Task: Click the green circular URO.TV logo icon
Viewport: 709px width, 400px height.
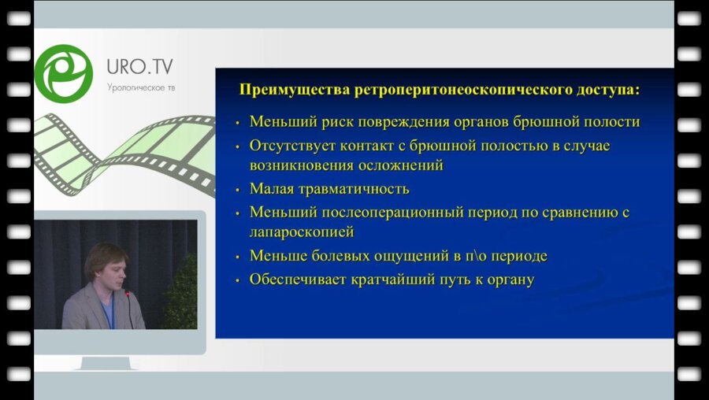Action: coord(64,73)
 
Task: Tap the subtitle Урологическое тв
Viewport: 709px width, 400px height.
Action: coord(142,87)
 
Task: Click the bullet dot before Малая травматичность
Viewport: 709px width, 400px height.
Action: coord(237,191)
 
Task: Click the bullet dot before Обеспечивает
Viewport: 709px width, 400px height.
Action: coord(237,280)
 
